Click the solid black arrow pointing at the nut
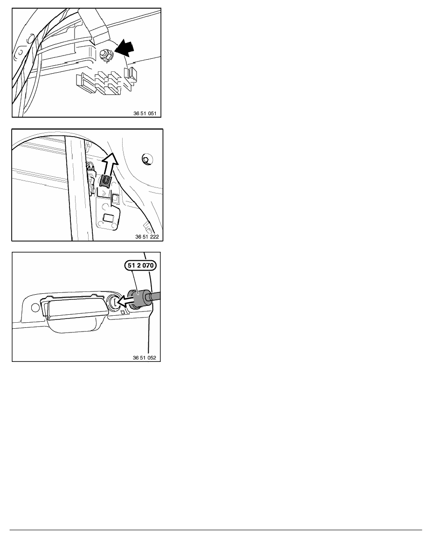[124, 49]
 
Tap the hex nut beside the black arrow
[104, 55]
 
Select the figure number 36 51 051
[145, 113]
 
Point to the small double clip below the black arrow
[130, 76]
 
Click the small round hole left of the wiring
[20, 53]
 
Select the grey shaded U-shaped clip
[105, 181]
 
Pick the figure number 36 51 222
[147, 237]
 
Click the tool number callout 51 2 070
[140, 265]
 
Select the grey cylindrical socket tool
[138, 298]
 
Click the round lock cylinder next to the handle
[114, 301]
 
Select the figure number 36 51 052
[145, 358]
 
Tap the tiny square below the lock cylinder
[123, 312]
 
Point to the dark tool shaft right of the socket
[155, 296]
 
